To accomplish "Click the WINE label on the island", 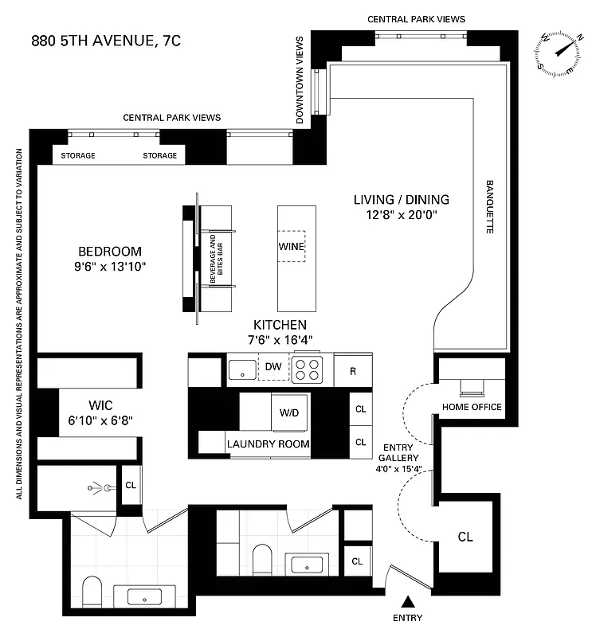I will pos(292,247).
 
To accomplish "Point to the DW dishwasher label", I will pos(273,367).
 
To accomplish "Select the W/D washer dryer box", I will pos(288,413).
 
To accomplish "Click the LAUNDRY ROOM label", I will pos(268,444).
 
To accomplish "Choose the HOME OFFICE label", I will pos(472,407).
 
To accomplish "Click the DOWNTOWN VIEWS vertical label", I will pos(300,80).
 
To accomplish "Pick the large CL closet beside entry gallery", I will pos(465,537).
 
